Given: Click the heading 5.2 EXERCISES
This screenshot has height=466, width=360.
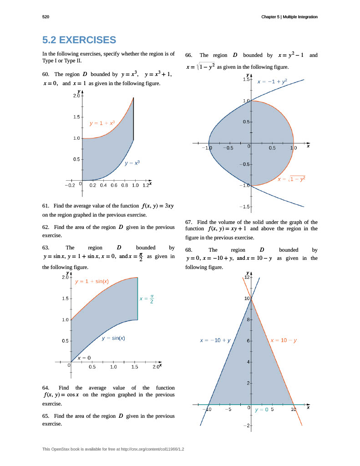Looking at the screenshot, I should (79, 40).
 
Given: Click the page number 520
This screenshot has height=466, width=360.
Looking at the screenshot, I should (46, 17).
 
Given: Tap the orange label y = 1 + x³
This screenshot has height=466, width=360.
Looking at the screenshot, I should (102, 123).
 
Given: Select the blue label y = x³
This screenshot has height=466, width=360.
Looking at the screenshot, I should (132, 162).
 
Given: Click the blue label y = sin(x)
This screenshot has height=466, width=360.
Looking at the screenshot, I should (113, 338).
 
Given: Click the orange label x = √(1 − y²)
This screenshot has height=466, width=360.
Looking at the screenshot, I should (291, 179).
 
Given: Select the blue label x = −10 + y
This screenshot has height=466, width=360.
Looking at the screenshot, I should (215, 340).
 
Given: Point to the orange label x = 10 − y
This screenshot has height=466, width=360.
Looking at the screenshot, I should (284, 340).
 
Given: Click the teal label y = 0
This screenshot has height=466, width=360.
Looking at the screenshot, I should (262, 410).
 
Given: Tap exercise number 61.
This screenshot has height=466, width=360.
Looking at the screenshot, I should (46, 206).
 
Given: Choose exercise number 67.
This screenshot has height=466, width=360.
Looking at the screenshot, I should (190, 222).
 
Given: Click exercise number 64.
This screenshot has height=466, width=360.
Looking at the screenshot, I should (46, 388).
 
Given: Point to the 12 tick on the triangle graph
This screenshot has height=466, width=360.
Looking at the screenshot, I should (247, 277).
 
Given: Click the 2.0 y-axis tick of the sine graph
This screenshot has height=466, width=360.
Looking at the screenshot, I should (65, 277).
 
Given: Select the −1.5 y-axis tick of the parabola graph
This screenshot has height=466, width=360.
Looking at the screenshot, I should (245, 207).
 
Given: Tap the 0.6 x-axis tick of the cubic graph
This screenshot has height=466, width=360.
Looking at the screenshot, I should (114, 185).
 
